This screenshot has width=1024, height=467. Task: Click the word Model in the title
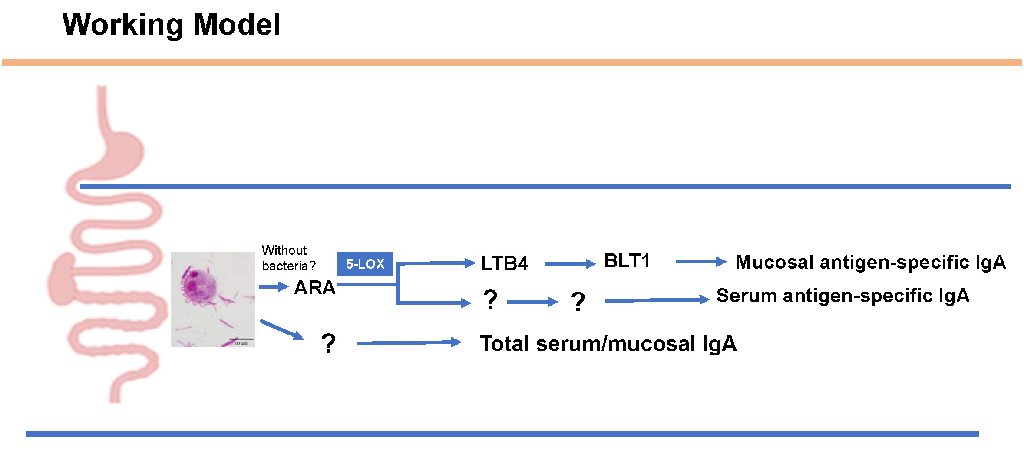click(x=237, y=25)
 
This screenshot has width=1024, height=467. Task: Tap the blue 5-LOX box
click(x=365, y=263)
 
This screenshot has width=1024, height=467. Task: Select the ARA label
click(x=315, y=287)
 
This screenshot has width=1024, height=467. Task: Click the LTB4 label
click(x=504, y=263)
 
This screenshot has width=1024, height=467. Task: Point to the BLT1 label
click(x=627, y=261)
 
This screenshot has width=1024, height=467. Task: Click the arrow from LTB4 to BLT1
click(x=570, y=264)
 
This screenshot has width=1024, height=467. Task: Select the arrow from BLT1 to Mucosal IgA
click(x=700, y=262)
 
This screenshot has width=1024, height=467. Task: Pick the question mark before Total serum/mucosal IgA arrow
click(x=329, y=343)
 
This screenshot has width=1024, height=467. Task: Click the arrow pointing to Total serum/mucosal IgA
click(x=408, y=343)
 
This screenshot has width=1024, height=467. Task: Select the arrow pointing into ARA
click(x=273, y=286)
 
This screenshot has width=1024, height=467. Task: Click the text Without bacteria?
click(x=288, y=258)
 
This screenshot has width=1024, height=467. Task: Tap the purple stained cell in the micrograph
click(x=199, y=286)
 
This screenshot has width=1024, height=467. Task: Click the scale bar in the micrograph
click(x=241, y=339)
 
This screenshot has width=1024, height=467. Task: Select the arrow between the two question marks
click(x=532, y=302)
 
